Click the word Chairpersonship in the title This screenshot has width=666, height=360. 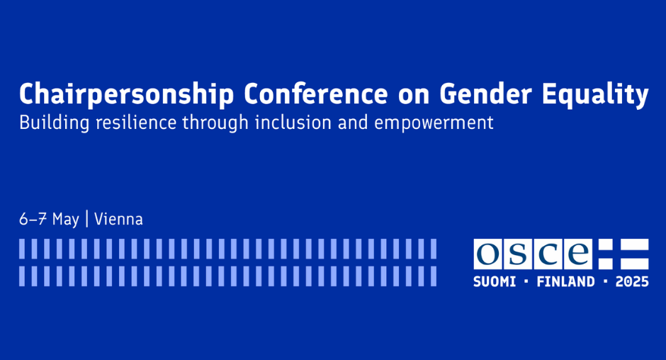127,94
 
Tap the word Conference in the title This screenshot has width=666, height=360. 315,94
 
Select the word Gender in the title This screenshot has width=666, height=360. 485,94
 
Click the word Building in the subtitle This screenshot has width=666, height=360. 55,123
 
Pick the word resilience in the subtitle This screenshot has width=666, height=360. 136,123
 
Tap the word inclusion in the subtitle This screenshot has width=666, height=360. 293,123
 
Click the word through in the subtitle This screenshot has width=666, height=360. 215,123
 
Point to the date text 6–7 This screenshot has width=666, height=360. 33,219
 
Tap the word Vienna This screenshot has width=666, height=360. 118,219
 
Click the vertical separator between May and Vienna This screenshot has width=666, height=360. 87,219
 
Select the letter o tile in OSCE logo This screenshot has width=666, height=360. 488,254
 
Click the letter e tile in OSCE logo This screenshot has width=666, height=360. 578,254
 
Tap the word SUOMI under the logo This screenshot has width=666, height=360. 495,281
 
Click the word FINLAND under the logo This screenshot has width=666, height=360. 566,281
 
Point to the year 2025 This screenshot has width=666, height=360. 632,281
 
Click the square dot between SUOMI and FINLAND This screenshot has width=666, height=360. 526,281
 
